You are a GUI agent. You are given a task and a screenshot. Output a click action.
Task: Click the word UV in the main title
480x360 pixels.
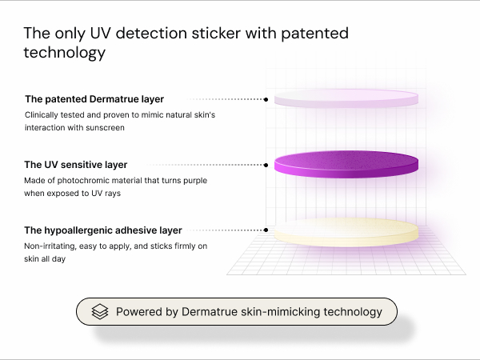[100, 33]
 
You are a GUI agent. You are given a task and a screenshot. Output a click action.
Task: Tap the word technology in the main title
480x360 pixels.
[65, 52]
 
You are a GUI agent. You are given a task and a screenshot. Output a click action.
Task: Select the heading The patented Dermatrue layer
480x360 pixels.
[94, 99]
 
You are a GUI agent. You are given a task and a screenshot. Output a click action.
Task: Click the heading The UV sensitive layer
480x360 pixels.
[76, 165]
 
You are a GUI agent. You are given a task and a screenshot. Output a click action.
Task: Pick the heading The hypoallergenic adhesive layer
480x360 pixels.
[103, 230]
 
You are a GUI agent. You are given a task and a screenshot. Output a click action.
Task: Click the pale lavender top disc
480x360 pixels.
[346, 98]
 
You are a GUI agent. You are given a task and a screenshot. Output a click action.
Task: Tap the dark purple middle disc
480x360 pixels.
[346, 164]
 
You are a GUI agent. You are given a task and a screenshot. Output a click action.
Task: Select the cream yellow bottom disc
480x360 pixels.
[346, 232]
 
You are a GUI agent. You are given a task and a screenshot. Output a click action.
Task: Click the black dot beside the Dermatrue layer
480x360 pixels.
[266, 99]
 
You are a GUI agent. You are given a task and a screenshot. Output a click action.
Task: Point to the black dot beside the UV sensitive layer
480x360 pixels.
[266, 165]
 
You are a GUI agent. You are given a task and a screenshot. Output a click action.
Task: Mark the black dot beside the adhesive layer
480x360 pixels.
[266, 230]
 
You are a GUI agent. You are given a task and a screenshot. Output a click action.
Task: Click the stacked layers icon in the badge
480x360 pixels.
[100, 312]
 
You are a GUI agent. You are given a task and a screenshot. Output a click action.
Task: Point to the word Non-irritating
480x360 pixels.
[50, 246]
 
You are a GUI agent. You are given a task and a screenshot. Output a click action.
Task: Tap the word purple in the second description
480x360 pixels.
[195, 181]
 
